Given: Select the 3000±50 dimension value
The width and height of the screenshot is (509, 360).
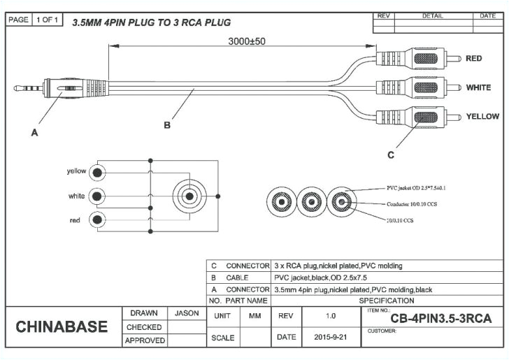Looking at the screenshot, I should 246,41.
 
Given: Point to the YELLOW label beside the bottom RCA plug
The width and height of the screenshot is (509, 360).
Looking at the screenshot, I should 482,116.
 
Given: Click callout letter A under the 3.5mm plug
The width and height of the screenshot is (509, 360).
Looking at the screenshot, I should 34,134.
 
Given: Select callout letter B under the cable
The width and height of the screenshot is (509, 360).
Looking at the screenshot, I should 167,126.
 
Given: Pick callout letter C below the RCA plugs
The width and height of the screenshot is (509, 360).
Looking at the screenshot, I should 390,155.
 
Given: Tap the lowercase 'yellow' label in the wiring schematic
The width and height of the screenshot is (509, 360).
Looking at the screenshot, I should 76,171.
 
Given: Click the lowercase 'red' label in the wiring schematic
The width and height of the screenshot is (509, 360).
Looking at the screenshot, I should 74,220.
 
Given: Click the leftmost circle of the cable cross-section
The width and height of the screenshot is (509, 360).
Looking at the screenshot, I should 281,203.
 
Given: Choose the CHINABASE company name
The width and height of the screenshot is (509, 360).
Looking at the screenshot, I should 62,326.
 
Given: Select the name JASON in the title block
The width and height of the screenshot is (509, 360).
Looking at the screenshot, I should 187,313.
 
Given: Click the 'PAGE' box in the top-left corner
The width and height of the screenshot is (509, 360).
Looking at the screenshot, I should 19,20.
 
